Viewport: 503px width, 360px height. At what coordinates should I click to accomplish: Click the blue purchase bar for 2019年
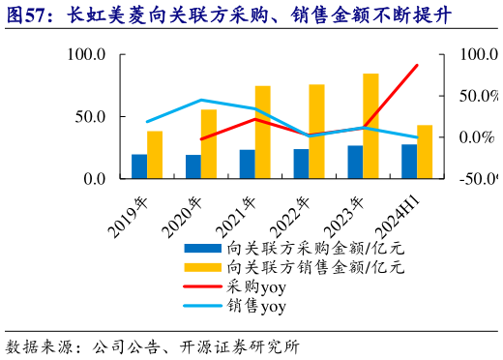(139, 166)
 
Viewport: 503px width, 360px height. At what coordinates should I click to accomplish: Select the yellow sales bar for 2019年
(155, 155)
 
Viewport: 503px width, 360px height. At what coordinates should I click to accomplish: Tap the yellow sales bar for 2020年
(209, 144)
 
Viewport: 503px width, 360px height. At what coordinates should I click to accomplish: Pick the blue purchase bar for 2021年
(248, 165)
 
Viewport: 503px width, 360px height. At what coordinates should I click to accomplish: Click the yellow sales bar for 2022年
(317, 132)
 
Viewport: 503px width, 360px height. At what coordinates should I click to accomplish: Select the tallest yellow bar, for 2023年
(371, 126)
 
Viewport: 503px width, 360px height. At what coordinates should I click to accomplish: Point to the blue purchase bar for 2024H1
(409, 162)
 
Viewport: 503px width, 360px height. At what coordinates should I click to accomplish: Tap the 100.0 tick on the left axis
(84, 55)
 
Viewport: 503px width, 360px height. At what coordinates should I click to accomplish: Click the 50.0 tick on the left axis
(88, 117)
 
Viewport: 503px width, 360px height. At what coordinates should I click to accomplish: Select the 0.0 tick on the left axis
(92, 179)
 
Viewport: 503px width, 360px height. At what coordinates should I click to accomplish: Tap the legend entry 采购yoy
(256, 286)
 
